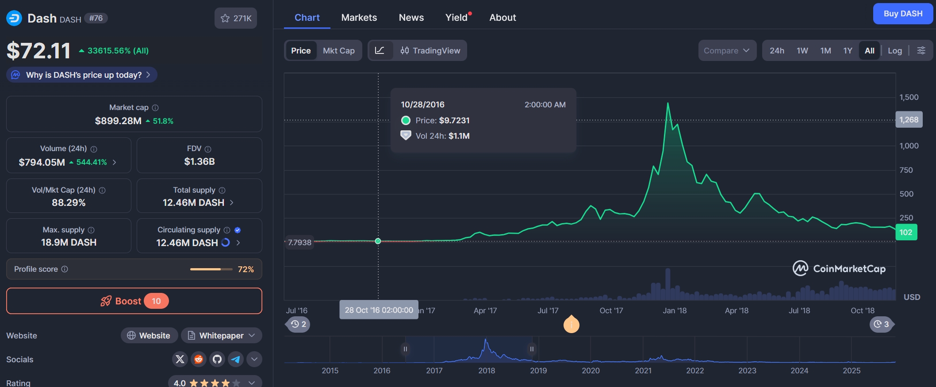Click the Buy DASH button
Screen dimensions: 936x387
(903, 14)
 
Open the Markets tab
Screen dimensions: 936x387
(359, 18)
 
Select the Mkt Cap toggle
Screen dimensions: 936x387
(339, 51)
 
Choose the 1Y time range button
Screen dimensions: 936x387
(848, 51)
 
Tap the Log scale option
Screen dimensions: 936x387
(895, 51)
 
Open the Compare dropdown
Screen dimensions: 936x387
(727, 51)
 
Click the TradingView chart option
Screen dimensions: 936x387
(430, 51)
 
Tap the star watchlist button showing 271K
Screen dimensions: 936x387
(236, 18)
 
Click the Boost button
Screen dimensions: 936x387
(134, 301)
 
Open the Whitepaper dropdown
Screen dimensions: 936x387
(222, 336)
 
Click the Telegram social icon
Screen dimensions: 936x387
(236, 359)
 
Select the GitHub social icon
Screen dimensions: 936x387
(217, 359)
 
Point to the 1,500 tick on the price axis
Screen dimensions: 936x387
(909, 97)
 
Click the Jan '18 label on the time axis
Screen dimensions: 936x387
(675, 311)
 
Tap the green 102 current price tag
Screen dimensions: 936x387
(906, 232)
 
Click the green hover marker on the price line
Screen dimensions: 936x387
(378, 241)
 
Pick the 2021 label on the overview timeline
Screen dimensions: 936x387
(643, 371)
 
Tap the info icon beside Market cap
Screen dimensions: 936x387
(155, 108)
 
